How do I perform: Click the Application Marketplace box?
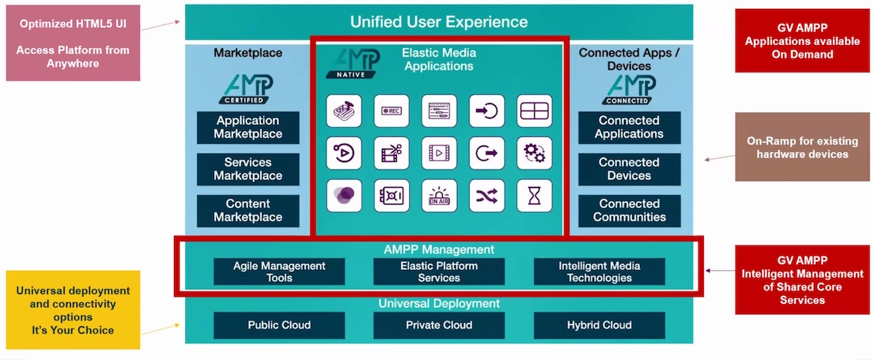point(248,127)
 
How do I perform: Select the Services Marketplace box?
point(248,169)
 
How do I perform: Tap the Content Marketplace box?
point(248,211)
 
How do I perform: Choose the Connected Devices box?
point(629,169)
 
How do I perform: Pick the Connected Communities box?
point(629,211)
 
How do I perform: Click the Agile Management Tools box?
point(279,271)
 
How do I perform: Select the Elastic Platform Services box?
point(439,271)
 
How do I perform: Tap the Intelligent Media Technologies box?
point(600,271)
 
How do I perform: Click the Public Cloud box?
point(279,325)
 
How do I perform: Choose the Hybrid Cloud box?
point(600,325)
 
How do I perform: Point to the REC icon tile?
point(391,110)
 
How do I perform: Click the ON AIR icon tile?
point(439,196)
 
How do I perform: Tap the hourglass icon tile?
point(534,196)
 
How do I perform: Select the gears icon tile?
point(534,153)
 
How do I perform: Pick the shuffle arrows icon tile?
point(487,196)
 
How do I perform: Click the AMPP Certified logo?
point(247,89)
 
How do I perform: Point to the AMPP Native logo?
point(353,63)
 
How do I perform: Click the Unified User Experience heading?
point(439,22)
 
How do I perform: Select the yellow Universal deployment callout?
point(73,310)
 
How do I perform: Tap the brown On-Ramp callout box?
point(802,147)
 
